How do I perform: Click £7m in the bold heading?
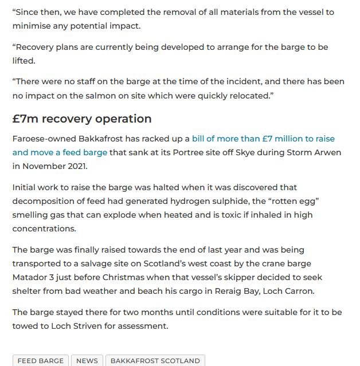tap(25, 119)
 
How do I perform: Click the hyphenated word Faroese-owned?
tap(42, 139)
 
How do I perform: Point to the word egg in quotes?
tap(302, 201)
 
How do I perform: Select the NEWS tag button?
tap(87, 361)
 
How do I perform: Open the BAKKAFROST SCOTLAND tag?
tap(155, 361)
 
